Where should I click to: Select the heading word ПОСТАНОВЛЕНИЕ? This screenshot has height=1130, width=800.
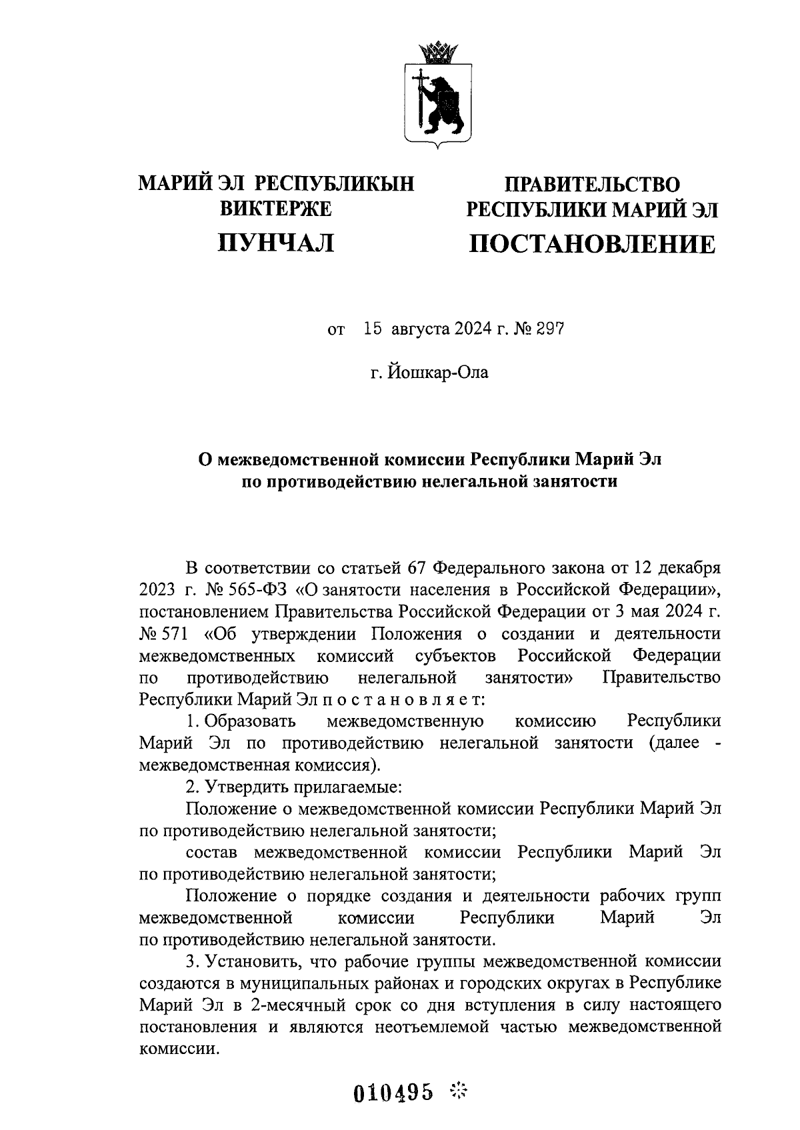pyautogui.click(x=593, y=245)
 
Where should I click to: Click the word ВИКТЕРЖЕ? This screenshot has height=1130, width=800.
pyautogui.click(x=276, y=209)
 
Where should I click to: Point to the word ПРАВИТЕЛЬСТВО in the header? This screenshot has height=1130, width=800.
pyautogui.click(x=593, y=184)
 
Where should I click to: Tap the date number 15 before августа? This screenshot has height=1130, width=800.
pyautogui.click(x=373, y=329)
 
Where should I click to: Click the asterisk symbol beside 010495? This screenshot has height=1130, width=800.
pyautogui.click(x=460, y=1091)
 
